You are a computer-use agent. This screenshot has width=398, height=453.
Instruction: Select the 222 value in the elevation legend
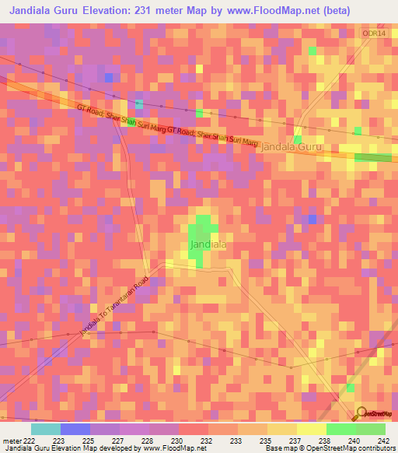pos(30,440)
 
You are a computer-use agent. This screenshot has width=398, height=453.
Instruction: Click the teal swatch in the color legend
pos(46,429)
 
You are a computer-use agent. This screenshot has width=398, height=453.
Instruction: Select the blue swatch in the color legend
pos(75,429)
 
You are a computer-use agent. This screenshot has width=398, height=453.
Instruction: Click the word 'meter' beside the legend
pos(12,440)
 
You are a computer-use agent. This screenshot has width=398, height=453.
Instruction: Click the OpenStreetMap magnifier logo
pos(362,413)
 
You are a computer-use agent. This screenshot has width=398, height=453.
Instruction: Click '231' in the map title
pos(147,11)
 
